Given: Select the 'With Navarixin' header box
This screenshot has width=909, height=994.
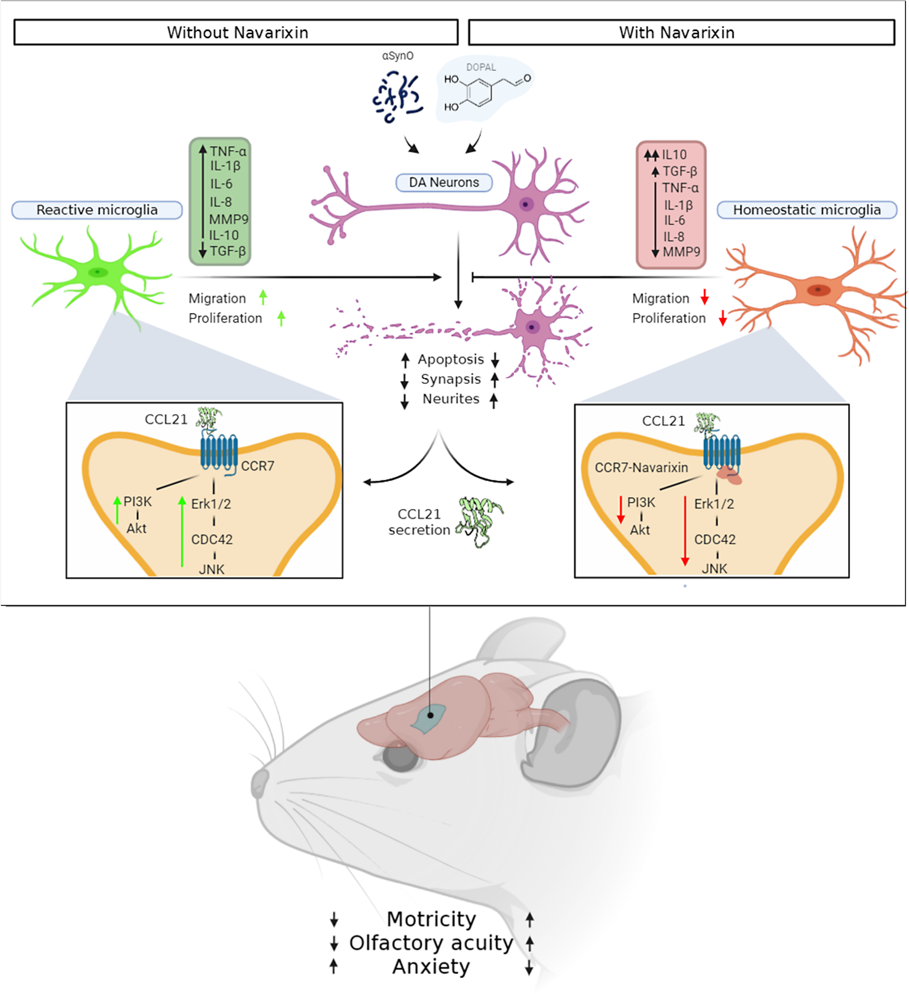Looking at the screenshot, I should pyautogui.click(x=681, y=33).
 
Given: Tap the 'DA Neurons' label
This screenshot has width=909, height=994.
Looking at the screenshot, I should pyautogui.click(x=444, y=182).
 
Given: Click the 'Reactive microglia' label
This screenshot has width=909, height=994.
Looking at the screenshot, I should pyautogui.click(x=97, y=210).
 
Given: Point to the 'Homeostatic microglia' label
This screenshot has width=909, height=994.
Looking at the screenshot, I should pyautogui.click(x=806, y=210).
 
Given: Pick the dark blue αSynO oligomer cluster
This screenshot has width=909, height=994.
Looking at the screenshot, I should pyautogui.click(x=397, y=96).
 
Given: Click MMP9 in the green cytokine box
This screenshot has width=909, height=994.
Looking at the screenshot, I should pyautogui.click(x=228, y=219).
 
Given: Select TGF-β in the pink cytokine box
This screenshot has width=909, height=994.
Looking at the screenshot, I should pyautogui.click(x=679, y=172).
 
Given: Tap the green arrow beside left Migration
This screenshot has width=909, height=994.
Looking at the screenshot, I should pyautogui.click(x=263, y=297).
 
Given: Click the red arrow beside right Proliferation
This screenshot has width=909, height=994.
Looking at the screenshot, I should pyautogui.click(x=722, y=318).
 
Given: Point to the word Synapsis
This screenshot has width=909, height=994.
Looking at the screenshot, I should pyautogui.click(x=450, y=379).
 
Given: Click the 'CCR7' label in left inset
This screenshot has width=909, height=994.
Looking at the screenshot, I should pyautogui.click(x=258, y=466).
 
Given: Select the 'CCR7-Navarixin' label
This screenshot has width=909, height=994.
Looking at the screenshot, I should pyautogui.click(x=641, y=468).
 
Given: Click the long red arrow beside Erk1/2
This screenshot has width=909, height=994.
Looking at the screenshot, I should pyautogui.click(x=684, y=530).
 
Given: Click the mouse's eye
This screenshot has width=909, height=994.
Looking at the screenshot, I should pyautogui.click(x=401, y=757).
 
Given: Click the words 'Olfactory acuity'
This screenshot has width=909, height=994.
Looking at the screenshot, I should pyautogui.click(x=431, y=943).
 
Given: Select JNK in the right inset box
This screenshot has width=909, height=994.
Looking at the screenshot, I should pyautogui.click(x=714, y=569).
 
